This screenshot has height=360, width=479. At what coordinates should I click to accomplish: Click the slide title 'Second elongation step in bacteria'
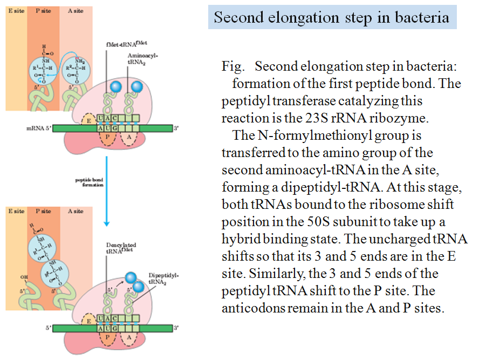(331, 17)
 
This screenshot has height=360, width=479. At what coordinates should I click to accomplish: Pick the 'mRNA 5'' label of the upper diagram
(38, 128)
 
